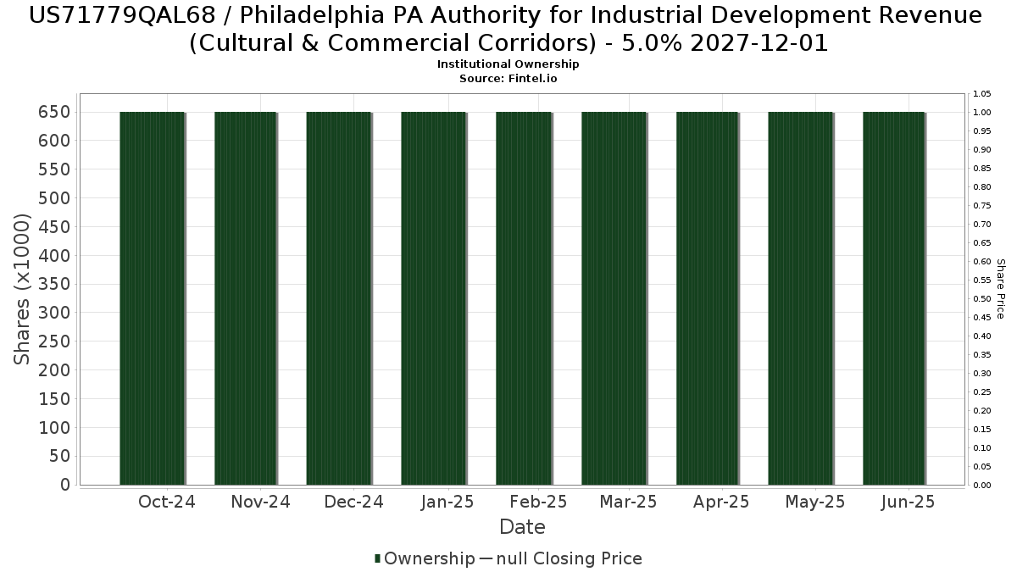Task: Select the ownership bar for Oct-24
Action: (153, 297)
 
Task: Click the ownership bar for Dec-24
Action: (339, 297)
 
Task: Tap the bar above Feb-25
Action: (525, 297)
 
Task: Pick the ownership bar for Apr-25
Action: (708, 297)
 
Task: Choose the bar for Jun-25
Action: (894, 297)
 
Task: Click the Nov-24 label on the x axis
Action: (260, 502)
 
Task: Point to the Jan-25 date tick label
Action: (447, 502)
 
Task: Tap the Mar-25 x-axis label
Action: (628, 502)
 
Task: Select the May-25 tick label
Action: (815, 502)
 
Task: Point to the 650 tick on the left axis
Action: (53, 112)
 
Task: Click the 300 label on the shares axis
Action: (53, 313)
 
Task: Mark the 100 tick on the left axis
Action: (53, 427)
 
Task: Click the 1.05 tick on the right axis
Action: (982, 93)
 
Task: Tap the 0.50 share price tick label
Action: (982, 298)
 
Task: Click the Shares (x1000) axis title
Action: (23, 290)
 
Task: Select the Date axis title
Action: (522, 527)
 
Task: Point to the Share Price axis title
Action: (1000, 289)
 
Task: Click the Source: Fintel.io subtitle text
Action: (508, 78)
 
